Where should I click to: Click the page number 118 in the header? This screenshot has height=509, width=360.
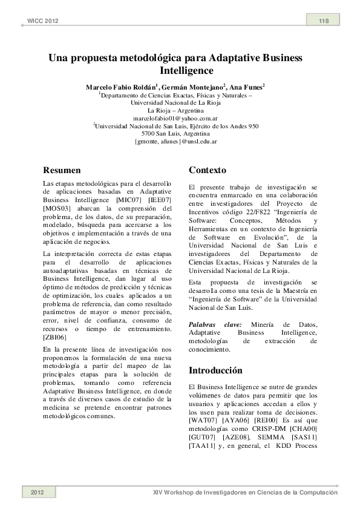click(x=324, y=22)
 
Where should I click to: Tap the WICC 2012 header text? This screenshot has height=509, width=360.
click(x=43, y=22)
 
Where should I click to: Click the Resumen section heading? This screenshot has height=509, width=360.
click(x=63, y=169)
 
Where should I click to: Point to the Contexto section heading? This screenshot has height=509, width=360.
click(x=208, y=169)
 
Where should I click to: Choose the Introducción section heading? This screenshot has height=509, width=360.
click(x=216, y=370)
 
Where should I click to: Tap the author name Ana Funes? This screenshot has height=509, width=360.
click(x=246, y=88)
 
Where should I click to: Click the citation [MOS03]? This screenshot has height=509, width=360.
click(x=57, y=208)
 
